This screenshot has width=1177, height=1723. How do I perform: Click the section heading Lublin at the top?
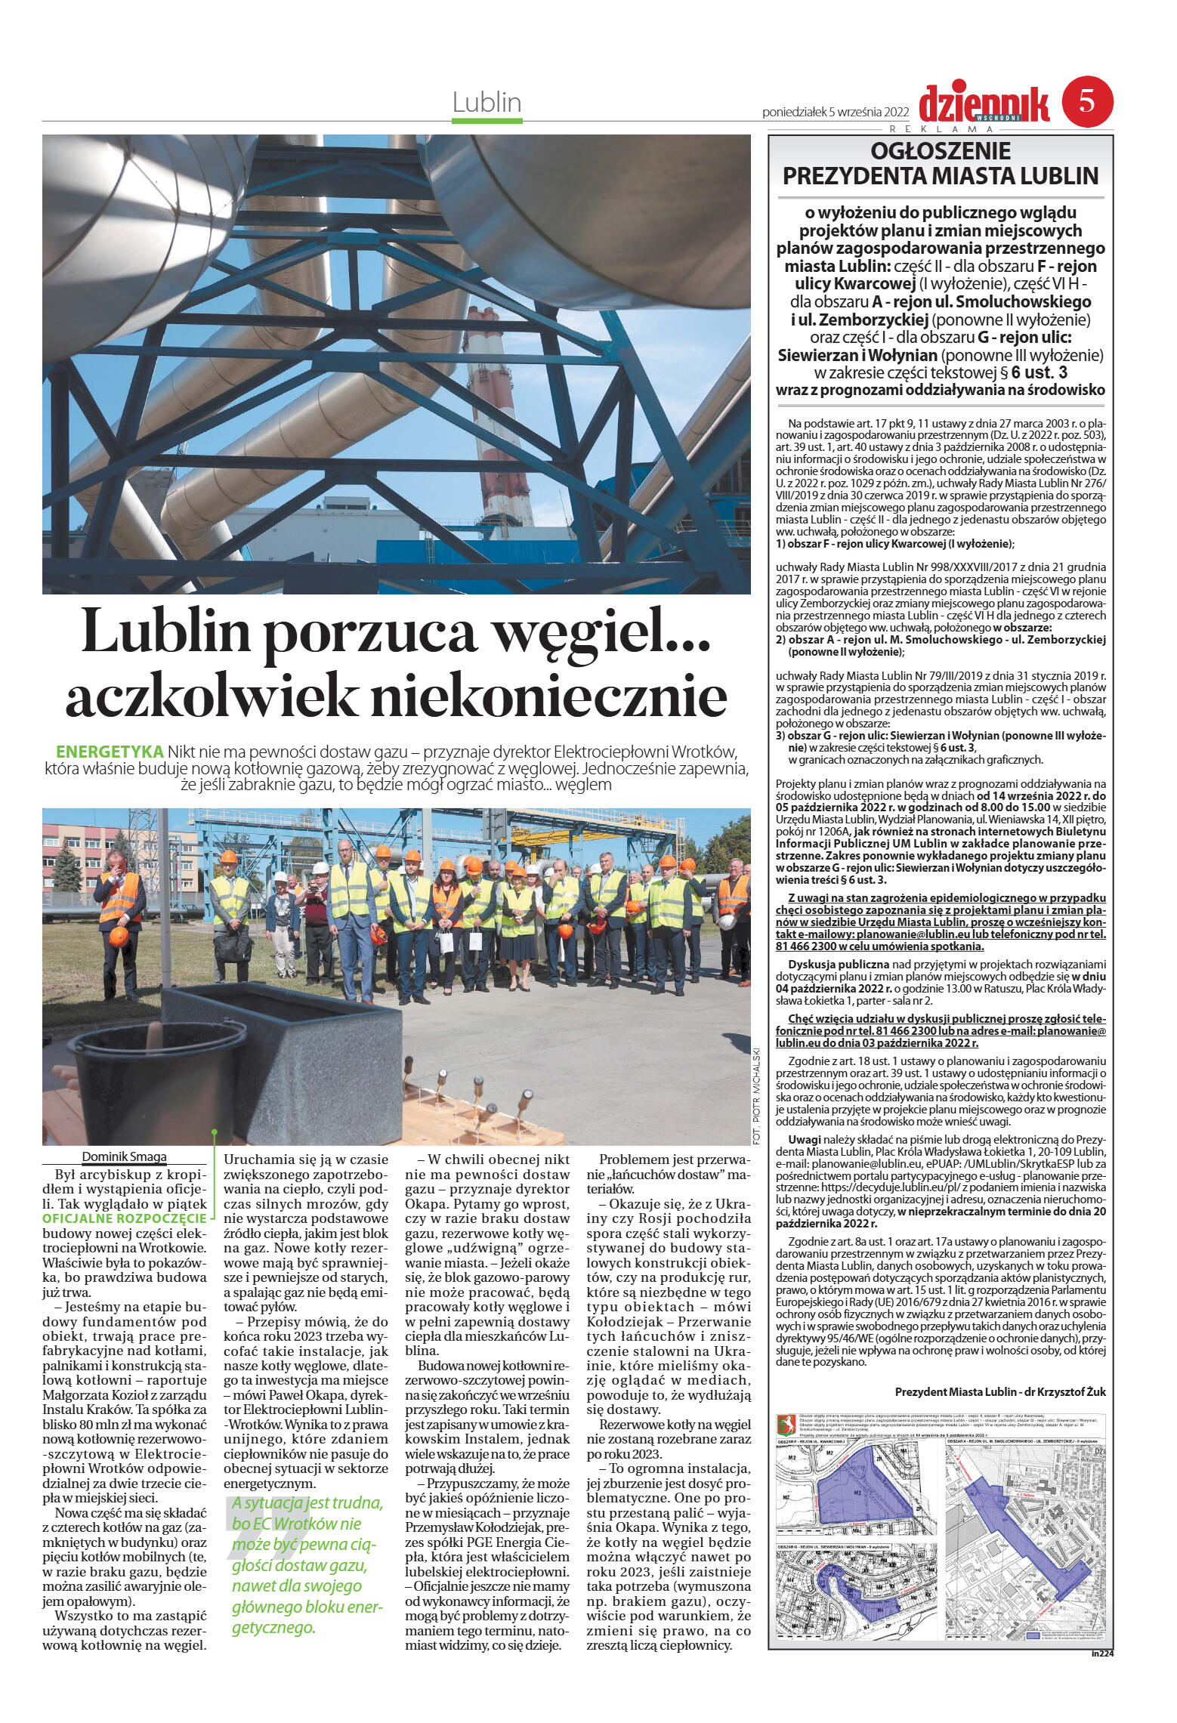(487, 102)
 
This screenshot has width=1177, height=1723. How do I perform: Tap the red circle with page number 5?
(1087, 103)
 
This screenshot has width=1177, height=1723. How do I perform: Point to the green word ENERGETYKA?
(110, 752)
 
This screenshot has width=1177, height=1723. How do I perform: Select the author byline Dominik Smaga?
(124, 1156)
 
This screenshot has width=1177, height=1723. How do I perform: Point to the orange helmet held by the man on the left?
(118, 937)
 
